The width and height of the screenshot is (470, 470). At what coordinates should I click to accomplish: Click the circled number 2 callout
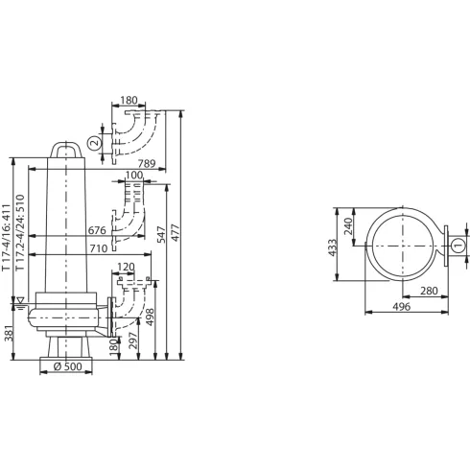(93, 143)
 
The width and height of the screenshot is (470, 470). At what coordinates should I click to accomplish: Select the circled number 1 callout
(457, 247)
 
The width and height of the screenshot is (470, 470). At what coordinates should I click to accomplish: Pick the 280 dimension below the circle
(428, 293)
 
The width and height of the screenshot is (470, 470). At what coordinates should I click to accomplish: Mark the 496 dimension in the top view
(402, 308)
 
